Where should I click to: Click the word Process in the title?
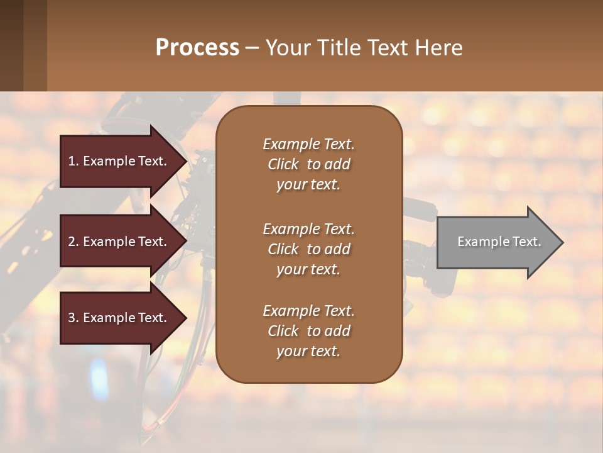coord(197,47)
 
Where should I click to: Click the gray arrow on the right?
coord(496,242)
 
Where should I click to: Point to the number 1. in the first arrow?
coord(73,161)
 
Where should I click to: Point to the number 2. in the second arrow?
coord(73,242)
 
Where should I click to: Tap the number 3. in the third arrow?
coord(73,318)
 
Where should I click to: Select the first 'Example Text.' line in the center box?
coord(308,144)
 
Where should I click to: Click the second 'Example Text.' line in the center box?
coord(308,229)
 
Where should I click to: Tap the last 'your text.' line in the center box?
coord(308,351)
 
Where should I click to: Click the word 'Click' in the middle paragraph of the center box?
coord(283,249)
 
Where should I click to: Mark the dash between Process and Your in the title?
coord(252,48)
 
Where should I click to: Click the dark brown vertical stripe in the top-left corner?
coord(11,45)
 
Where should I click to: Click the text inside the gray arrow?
coord(499,242)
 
